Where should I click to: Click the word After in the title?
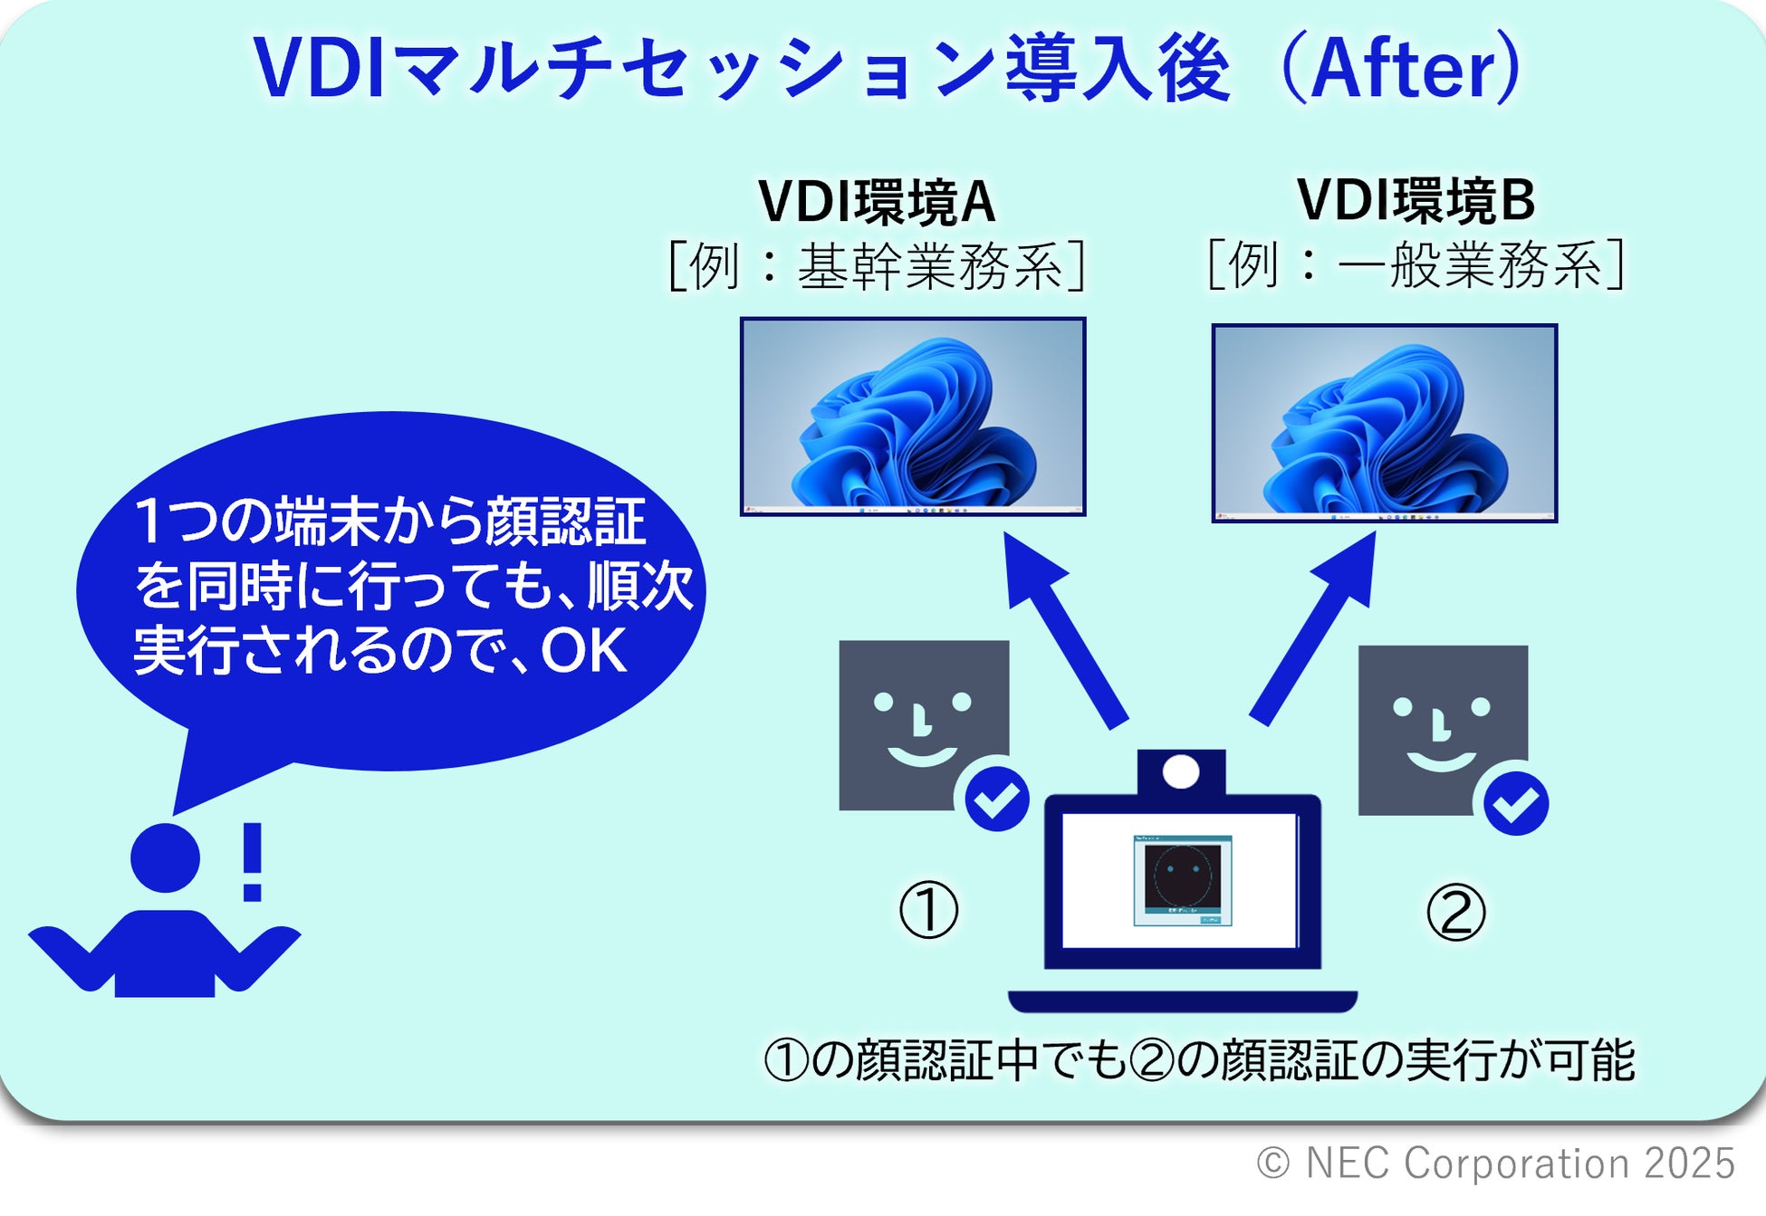(x=1402, y=69)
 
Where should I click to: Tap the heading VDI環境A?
(x=877, y=201)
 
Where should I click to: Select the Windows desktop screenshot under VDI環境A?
(x=913, y=417)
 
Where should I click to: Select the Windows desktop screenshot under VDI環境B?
(x=1384, y=423)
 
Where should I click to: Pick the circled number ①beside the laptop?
(x=928, y=910)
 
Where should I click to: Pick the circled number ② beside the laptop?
(x=1455, y=912)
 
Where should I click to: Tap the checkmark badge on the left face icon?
(x=996, y=799)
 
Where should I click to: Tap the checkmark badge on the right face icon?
(x=1515, y=803)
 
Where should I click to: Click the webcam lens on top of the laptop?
(x=1181, y=772)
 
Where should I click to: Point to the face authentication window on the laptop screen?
(x=1182, y=880)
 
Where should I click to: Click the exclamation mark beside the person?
(x=253, y=861)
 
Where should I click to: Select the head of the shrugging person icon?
(x=165, y=857)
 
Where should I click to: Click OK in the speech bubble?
(x=584, y=650)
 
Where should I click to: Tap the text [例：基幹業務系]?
(x=877, y=266)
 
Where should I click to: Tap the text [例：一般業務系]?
(x=1416, y=264)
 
